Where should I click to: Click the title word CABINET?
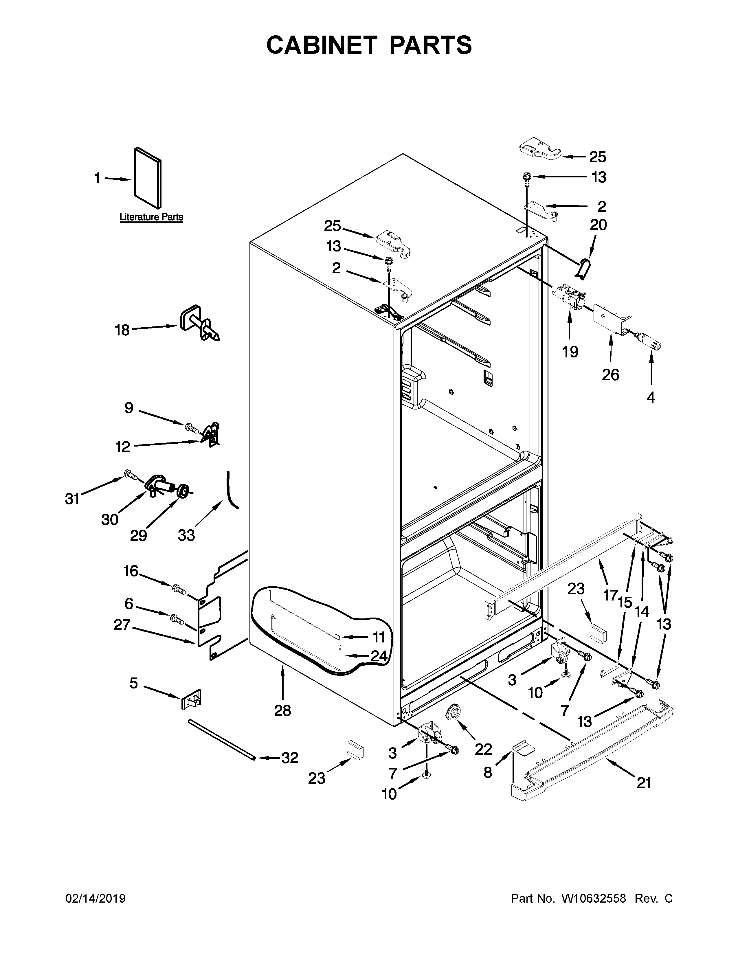tap(321, 45)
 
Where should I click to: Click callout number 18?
tap(122, 330)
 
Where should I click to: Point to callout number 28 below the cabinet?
tap(282, 710)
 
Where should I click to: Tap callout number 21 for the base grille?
tap(644, 783)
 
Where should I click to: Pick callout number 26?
tap(610, 375)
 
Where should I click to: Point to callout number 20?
tap(599, 225)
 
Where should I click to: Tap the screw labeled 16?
tap(179, 589)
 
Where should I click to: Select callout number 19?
tap(570, 352)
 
